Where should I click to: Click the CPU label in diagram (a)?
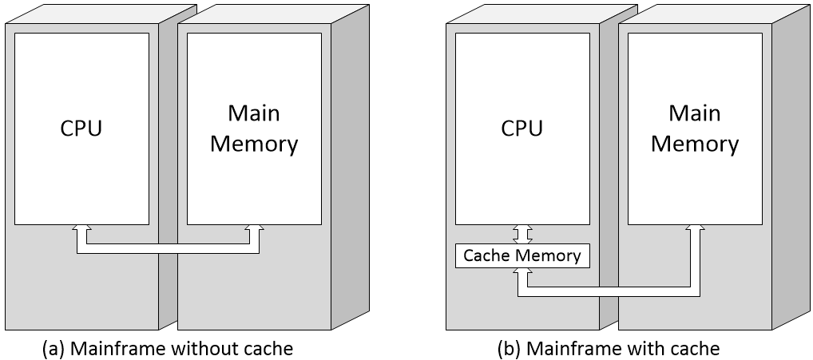[x=81, y=129]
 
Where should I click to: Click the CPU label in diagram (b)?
[x=522, y=129]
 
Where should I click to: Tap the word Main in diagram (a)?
[x=254, y=113]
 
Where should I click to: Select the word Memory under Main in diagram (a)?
[x=254, y=144]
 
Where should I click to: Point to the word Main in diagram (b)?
[x=695, y=113]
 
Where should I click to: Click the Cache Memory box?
[x=522, y=255]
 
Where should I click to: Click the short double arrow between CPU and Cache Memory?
[x=522, y=234]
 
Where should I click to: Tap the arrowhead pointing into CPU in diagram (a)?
[x=81, y=230]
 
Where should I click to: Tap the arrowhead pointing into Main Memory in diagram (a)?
[x=254, y=230]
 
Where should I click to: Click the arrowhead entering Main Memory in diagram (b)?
[x=695, y=230]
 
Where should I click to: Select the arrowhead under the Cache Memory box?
[x=522, y=273]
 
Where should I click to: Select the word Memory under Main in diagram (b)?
[x=695, y=144]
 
